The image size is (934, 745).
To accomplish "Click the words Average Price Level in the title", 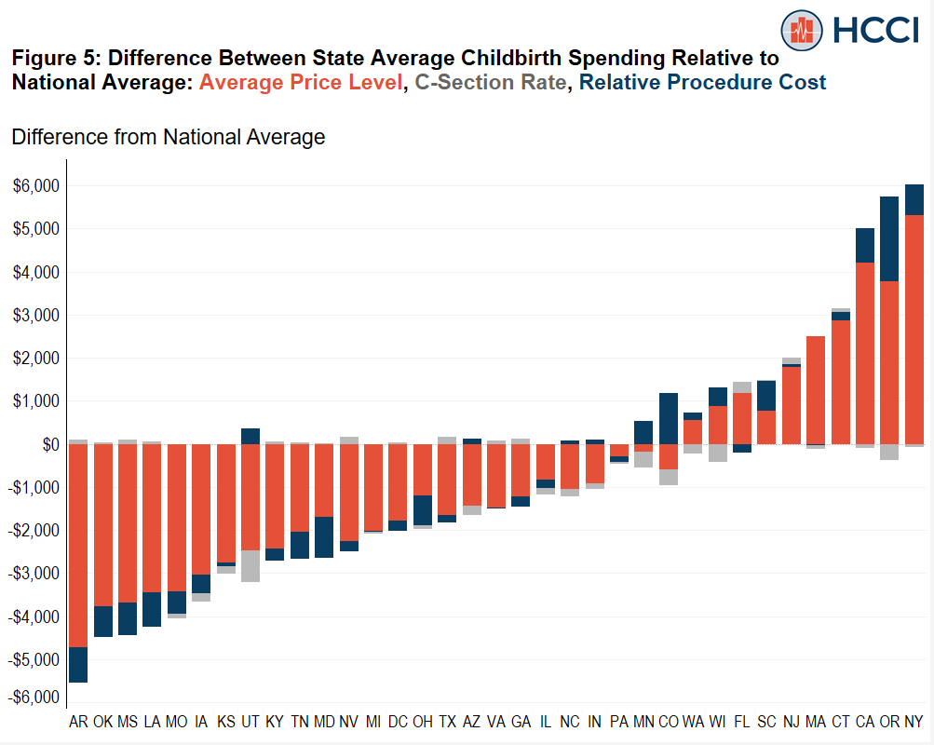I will click(x=301, y=82).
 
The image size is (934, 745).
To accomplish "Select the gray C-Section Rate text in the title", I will click(x=490, y=82).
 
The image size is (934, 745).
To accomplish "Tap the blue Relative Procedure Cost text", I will click(x=701, y=82).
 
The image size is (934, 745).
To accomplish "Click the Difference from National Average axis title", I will click(x=168, y=138).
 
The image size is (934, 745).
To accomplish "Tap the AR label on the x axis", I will click(x=78, y=722).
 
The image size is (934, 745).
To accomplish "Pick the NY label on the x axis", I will click(x=914, y=722).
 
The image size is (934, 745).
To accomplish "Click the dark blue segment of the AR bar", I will click(x=78, y=664).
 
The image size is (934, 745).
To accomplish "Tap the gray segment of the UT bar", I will click(x=250, y=565).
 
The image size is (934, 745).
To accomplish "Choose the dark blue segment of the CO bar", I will click(x=669, y=418).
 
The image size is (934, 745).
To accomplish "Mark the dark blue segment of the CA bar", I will click(x=865, y=245).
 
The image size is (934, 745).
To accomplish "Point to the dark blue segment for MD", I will click(x=324, y=536).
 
